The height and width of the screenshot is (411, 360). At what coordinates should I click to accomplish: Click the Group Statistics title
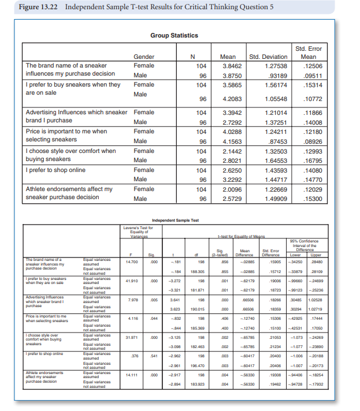click(174, 36)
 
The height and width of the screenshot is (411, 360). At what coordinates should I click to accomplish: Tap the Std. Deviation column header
click(268, 57)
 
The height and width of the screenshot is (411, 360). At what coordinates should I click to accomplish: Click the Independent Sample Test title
click(174, 219)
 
